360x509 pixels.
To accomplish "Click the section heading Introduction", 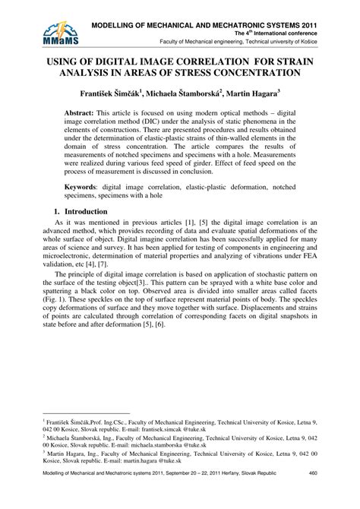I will click(86, 211).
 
